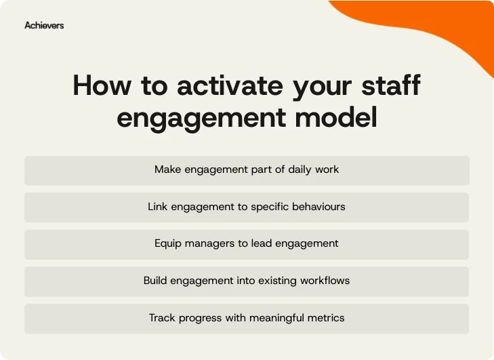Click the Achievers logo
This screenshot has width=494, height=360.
click(44, 25)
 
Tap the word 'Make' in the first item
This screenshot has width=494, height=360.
click(167, 169)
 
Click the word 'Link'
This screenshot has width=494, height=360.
click(157, 206)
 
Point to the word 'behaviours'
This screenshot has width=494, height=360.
click(318, 206)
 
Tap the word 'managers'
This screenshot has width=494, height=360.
click(209, 243)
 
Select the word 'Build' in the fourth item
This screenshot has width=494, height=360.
click(156, 280)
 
